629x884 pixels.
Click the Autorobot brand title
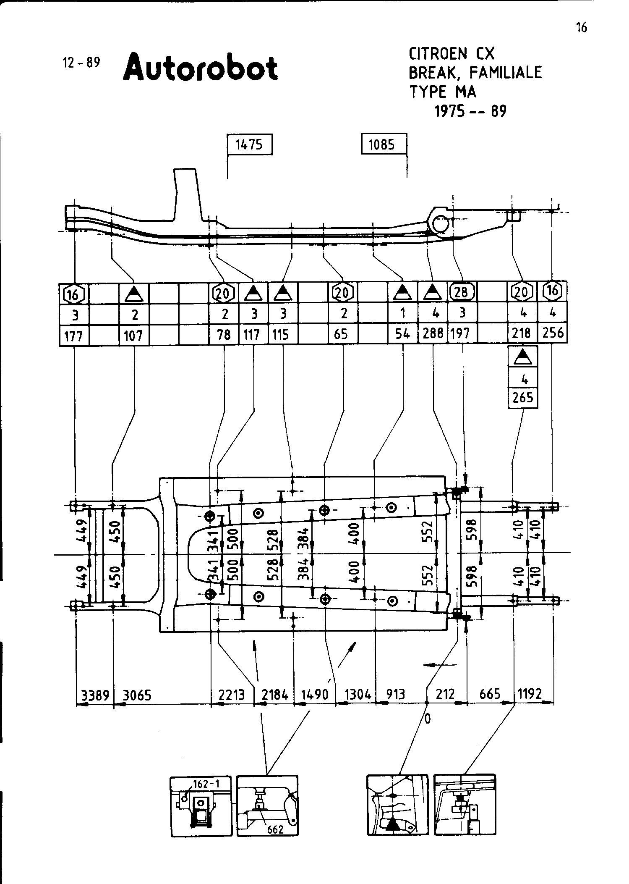tap(200, 67)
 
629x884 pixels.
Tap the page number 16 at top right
tap(582, 27)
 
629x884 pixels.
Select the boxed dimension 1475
tap(249, 144)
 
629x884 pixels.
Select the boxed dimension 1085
tap(382, 145)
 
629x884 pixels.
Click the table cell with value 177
tap(74, 335)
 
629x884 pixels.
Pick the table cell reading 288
tap(433, 333)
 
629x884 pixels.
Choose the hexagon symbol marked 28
tap(462, 291)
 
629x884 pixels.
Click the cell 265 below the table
tap(522, 397)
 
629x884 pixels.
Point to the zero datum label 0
tap(427, 719)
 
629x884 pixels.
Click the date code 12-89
tap(81, 63)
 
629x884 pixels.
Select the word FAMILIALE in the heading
tap(506, 73)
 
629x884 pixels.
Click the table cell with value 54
tap(403, 334)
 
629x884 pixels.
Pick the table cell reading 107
tap(133, 335)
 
